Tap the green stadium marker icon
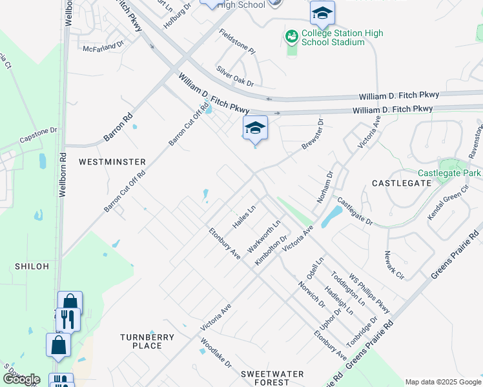(291, 37)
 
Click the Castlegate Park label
(449, 173)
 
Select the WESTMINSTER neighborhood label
(112, 162)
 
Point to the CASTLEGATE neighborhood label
(402, 183)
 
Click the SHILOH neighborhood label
(32, 266)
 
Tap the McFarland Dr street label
(103, 46)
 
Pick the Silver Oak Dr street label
(235, 75)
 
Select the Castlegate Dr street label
(355, 212)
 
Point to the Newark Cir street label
(394, 265)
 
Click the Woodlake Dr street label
(216, 353)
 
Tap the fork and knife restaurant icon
(67, 319)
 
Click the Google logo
(21, 379)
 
